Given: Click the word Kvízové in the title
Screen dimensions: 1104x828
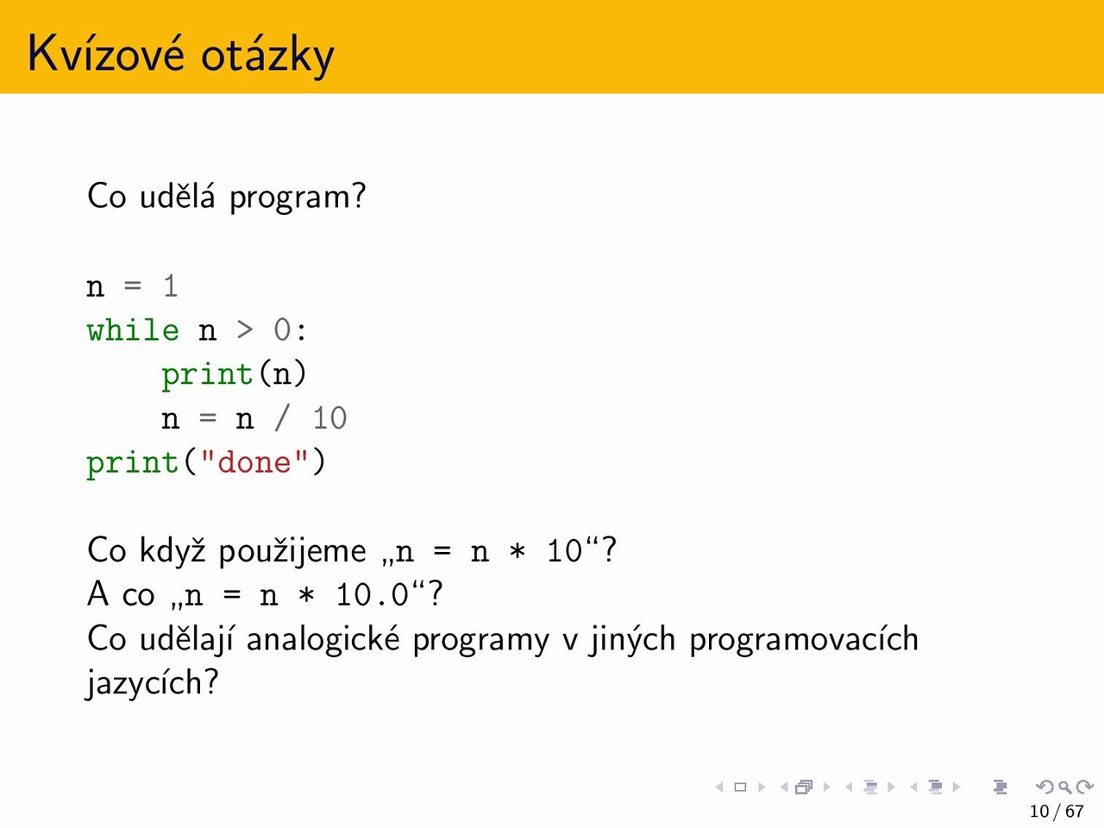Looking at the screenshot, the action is [x=106, y=53].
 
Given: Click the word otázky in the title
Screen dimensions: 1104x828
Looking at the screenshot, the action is [x=267, y=55].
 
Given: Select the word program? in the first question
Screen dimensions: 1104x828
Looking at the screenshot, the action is [x=298, y=197].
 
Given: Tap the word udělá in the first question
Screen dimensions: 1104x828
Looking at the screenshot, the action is [x=177, y=196].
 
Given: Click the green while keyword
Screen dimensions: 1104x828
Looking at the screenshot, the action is [x=133, y=330].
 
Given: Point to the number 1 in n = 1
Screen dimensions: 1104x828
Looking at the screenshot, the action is [x=171, y=286].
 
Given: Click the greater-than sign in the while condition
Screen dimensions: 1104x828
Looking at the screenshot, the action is [x=244, y=331].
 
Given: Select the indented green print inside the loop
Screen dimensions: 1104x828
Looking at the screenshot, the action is [x=207, y=374].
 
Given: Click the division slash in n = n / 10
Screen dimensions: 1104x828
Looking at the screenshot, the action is [x=282, y=418].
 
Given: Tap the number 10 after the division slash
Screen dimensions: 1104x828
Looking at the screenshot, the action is [x=330, y=418].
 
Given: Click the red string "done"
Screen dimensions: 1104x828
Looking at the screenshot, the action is [x=254, y=462].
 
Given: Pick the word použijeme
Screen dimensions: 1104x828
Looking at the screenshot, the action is [x=292, y=551].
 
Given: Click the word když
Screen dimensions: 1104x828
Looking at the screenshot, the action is [x=172, y=550].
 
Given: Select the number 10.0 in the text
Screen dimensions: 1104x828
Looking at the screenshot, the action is [x=373, y=595].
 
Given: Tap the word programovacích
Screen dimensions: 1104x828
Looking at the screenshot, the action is [x=803, y=639].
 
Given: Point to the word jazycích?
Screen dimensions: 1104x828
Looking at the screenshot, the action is [x=153, y=684].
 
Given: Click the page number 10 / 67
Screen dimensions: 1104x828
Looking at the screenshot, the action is [x=1057, y=811].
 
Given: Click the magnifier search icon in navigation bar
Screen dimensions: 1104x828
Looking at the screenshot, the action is [x=1064, y=787].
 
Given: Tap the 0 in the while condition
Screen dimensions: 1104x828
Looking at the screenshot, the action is [x=282, y=331].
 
